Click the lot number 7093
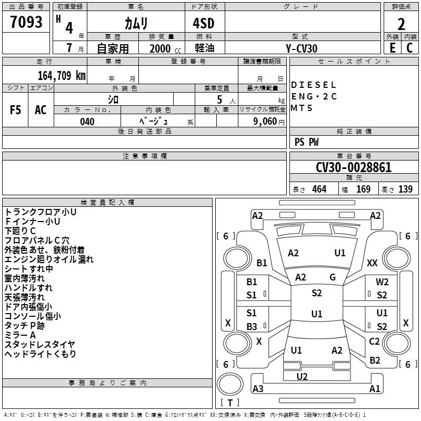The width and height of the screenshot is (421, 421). coord(26,22)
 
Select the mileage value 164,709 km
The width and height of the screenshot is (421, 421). coord(62,76)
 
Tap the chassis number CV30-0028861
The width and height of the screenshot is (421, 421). coord(354,167)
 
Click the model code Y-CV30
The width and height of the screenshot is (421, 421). coord(302,48)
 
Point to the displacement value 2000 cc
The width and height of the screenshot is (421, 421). coord(165,48)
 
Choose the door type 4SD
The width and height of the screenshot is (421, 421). coord(204,23)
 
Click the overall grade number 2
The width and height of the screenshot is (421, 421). coord(401,24)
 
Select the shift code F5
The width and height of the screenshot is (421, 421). coord(15,110)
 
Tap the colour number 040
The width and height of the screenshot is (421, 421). coord(87,122)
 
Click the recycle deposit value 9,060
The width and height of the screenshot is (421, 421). coord(265,122)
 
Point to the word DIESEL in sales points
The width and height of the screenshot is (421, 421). coord(313,85)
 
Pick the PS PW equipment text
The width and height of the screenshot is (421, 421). coord(306,142)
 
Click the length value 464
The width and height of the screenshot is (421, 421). coord(319,189)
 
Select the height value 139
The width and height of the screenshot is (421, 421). coord(405,189)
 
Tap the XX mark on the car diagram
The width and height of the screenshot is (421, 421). coord(372,263)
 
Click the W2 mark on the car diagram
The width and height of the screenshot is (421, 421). coord(382,282)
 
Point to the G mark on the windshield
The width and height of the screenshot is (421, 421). coord(333,277)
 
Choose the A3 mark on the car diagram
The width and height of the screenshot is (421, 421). coord(258,388)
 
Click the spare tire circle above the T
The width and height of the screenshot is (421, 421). coord(230,384)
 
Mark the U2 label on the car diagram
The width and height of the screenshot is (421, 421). coord(302,377)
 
